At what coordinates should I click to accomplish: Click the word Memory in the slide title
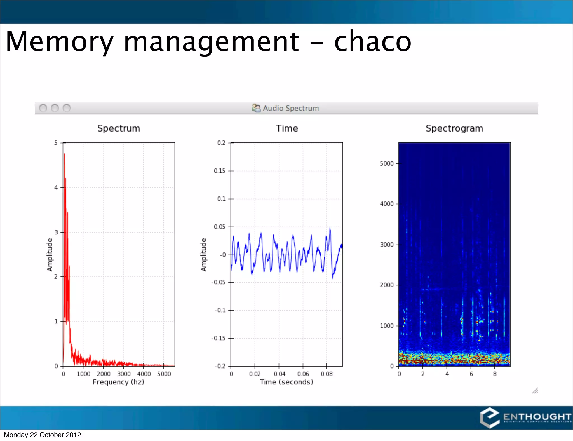click(59, 42)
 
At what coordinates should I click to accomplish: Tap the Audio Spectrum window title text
click(290, 108)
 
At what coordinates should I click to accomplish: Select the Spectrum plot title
click(119, 128)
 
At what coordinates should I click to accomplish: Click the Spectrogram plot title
click(454, 128)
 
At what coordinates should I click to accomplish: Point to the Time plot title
click(287, 128)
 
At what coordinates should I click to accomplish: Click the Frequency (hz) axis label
click(118, 382)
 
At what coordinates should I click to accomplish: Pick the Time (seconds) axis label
click(286, 382)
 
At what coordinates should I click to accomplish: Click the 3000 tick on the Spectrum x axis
click(124, 374)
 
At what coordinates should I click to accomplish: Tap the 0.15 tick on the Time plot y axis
click(220, 171)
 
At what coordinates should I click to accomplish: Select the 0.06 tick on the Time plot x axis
click(303, 374)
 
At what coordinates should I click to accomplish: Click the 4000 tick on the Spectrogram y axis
click(387, 204)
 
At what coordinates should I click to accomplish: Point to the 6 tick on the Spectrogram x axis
click(471, 374)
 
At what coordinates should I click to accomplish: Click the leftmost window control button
click(43, 108)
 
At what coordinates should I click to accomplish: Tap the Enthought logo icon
click(490, 417)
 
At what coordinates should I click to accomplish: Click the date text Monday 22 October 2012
click(42, 435)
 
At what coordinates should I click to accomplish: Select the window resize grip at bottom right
click(535, 391)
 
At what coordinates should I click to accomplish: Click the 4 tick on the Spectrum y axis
click(56, 188)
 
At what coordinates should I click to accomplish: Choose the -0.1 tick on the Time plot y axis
click(220, 310)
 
